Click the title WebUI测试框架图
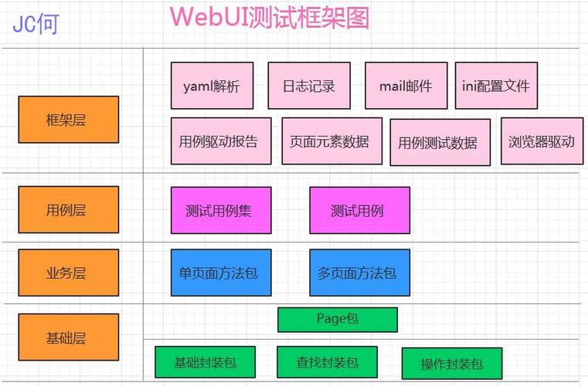pos(269,17)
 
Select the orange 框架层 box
pos(68,120)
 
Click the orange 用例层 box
pos(68,210)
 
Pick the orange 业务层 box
pos(68,273)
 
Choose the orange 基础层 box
pos(68,337)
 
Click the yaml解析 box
pos(211,86)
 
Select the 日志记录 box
pos(303,86)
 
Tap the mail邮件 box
pos(406,86)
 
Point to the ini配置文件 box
pos(496,86)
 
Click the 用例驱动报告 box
pos(220,141)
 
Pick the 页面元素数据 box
pos(331,141)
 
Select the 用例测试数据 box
pos(440,142)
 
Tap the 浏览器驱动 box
pos(542,141)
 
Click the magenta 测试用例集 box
pos(220,210)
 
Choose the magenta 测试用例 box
pos(359,210)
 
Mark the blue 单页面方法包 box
pos(220,273)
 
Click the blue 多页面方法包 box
pos(359,273)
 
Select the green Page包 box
pos(337,319)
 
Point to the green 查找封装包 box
pos(327,362)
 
